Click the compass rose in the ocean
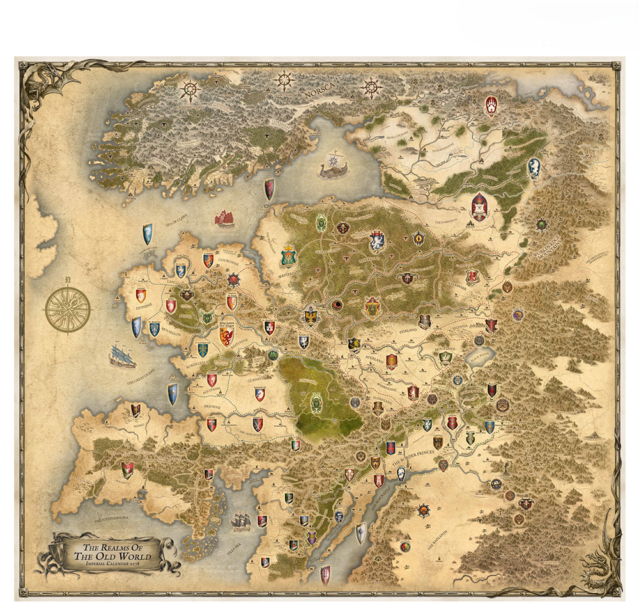coord(67,310)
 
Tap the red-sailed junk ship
coord(224,218)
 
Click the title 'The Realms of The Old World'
coord(112,552)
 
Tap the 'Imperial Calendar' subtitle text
coord(113,565)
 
